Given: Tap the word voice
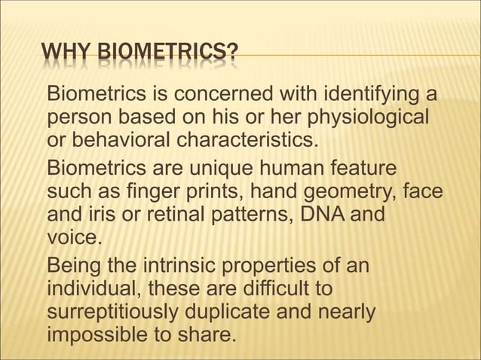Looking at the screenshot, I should pos(71,235).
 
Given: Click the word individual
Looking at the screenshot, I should pos(93,288).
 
